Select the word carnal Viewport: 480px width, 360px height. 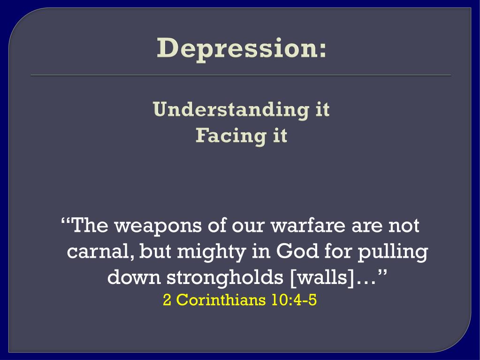pos(100,252)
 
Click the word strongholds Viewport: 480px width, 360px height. pos(225,278)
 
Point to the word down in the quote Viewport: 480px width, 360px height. pos(134,277)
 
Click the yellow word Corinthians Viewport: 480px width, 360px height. pos(221,299)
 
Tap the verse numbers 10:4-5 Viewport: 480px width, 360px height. pos(294,299)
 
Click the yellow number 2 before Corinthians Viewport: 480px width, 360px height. pos(167,299)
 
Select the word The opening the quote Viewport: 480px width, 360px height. pos(91,225)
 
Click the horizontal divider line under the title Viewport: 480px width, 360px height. pos(241,75)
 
